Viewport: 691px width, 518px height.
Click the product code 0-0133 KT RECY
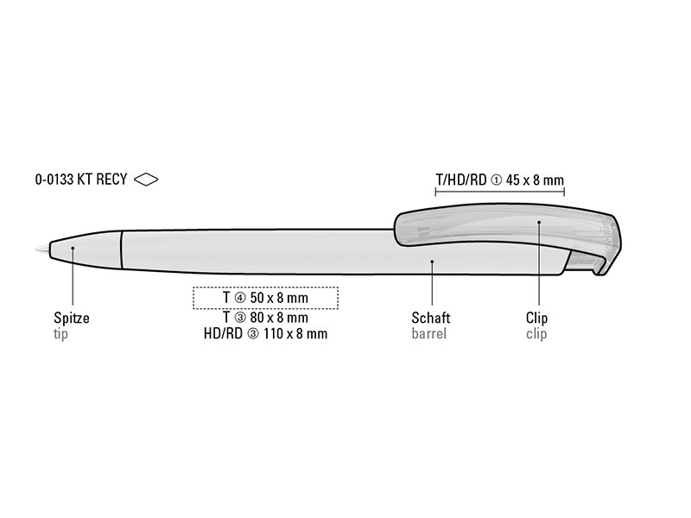tap(81, 180)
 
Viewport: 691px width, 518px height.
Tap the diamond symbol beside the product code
tap(146, 180)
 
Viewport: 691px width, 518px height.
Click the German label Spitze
tap(72, 318)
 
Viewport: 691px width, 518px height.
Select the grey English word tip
tap(60, 334)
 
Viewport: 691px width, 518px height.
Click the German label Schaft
tap(430, 318)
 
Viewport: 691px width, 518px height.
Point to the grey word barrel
tap(428, 333)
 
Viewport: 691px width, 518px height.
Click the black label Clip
tap(536, 318)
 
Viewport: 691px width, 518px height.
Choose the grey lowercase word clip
tap(536, 333)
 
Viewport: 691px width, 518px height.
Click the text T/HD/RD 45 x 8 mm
tap(500, 180)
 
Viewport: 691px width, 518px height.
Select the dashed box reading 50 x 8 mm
tap(265, 298)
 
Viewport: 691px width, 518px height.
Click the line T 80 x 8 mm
tap(265, 318)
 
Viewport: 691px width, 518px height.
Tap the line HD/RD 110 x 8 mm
tap(265, 333)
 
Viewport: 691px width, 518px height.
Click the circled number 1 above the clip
tap(496, 180)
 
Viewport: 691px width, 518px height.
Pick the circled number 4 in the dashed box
tap(240, 298)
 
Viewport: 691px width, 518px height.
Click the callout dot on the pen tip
tap(73, 248)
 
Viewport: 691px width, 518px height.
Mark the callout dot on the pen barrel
tap(432, 262)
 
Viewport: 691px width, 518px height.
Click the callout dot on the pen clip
tap(538, 222)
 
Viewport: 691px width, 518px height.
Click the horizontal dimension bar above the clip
tap(500, 192)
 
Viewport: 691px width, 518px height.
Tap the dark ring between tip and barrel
tap(121, 250)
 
